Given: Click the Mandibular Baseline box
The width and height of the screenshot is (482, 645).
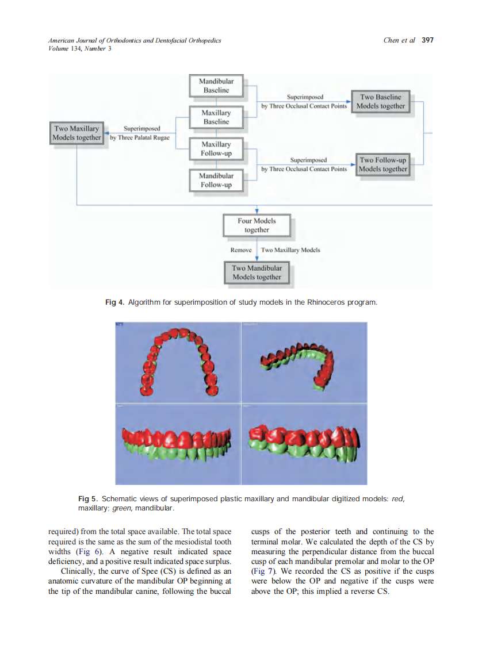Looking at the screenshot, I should tap(216, 86).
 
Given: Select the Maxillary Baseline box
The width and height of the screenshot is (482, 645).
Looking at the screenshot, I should tap(216, 117).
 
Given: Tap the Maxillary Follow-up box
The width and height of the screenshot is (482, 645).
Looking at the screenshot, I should tap(216, 149).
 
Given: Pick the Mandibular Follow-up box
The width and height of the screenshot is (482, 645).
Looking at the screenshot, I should tap(216, 180).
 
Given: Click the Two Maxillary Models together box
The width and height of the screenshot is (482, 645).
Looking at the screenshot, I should tap(76, 133).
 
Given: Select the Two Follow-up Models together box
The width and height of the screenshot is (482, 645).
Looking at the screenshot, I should tap(382, 164).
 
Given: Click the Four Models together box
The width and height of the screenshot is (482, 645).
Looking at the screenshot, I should tap(257, 225).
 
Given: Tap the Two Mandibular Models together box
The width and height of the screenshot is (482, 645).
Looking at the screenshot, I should tap(257, 272).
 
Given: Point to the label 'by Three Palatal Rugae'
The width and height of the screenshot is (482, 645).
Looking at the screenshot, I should tap(140, 138).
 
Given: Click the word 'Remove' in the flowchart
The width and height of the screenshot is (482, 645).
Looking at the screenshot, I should tap(241, 250).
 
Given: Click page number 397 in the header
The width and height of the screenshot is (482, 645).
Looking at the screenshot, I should tap(427, 40).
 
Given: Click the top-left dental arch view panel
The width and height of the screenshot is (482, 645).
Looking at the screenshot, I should tap(178, 362).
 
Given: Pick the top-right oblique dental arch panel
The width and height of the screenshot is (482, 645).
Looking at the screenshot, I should tap(304, 362).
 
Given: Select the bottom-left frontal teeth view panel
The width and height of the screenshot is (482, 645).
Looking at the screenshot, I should tap(178, 444).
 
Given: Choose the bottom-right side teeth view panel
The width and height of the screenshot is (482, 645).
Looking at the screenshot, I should tap(304, 444).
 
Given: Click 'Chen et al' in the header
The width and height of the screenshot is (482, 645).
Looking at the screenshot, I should tap(399, 40).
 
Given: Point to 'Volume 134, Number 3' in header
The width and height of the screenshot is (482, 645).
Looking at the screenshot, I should tap(80, 48).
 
